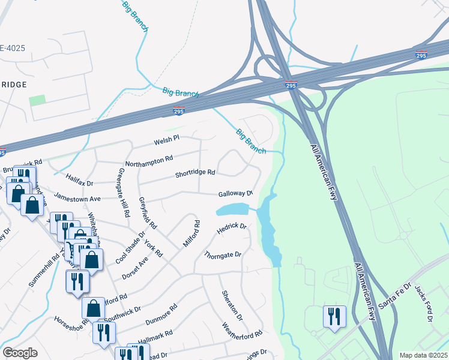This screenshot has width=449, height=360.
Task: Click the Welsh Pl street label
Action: coord(167,139)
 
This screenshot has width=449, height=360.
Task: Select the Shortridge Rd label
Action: coord(195,173)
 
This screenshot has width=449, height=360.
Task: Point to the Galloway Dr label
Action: coord(235,193)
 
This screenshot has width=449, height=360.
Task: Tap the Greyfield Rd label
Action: coord(148,213)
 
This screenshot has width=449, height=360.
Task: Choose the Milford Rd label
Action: coord(191,233)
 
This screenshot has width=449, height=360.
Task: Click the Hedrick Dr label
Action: coord(232,229)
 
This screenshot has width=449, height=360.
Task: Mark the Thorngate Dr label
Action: coord(223,255)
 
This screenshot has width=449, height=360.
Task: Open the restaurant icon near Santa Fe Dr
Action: coord(334,316)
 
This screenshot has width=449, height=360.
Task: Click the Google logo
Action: coord(20,353)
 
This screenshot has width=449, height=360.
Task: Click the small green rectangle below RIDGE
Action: coord(37,100)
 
